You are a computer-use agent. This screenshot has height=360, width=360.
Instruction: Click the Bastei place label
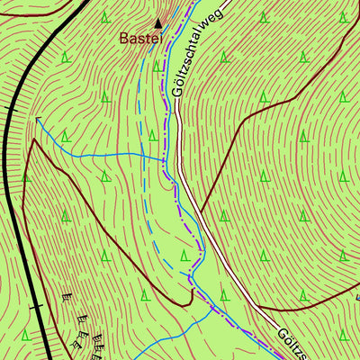click(142, 39)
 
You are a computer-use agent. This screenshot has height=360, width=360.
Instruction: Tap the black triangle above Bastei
click(158, 23)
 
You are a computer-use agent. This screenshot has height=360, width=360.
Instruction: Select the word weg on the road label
click(211, 14)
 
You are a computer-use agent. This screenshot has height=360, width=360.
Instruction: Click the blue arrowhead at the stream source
click(39, 119)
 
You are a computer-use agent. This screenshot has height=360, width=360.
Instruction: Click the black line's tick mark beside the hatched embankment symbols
click(37, 308)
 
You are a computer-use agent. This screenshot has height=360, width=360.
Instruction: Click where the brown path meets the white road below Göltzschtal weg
click(200, 211)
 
